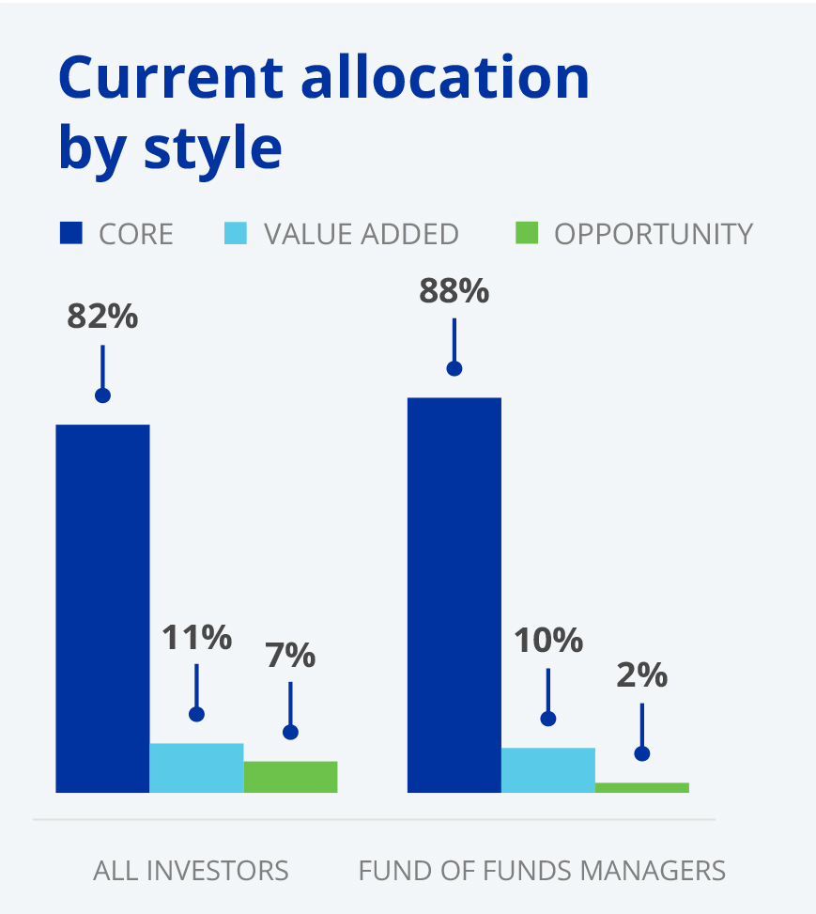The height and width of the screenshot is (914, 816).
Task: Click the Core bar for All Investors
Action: tap(102, 608)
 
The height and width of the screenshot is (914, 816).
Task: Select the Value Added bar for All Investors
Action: tap(196, 767)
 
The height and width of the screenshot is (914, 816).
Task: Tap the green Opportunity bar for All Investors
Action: tap(290, 777)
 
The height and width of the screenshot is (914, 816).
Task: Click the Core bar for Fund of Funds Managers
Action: tap(454, 595)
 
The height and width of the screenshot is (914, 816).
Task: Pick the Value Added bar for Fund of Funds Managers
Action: tap(547, 769)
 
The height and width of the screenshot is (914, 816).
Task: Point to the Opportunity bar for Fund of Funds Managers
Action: tap(641, 787)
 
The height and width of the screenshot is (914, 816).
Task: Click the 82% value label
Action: tap(102, 316)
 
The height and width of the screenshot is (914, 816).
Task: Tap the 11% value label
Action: tap(196, 638)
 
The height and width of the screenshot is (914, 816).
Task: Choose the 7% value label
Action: tap(290, 656)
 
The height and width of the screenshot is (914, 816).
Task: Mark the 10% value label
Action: tap(547, 642)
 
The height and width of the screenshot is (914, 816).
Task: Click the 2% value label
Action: tap(641, 674)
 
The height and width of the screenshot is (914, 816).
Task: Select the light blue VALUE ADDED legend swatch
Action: tap(235, 233)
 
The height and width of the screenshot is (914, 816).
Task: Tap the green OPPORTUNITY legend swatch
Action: tap(527, 233)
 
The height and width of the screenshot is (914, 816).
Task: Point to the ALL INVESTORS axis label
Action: tap(191, 870)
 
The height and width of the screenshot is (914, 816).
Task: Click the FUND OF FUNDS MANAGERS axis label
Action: tap(542, 870)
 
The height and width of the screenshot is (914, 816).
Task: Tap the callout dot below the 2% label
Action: tap(641, 753)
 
